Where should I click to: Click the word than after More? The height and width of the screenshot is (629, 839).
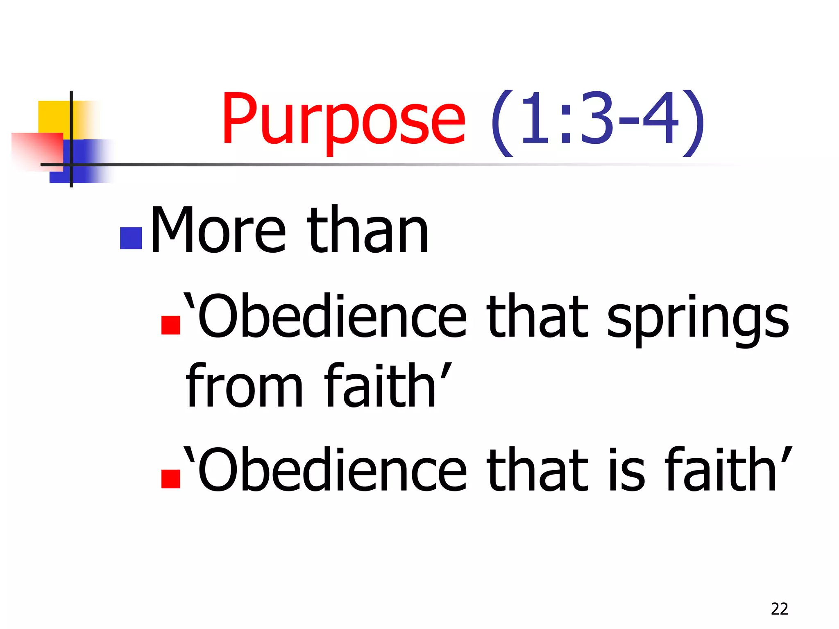[367, 231]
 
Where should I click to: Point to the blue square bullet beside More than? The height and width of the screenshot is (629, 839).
[131, 238]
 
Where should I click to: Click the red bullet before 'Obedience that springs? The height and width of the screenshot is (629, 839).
[171, 325]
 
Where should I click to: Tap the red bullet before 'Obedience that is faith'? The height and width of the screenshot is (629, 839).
[171, 479]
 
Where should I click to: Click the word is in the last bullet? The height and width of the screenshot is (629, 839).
[626, 470]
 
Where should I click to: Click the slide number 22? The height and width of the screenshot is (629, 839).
[779, 609]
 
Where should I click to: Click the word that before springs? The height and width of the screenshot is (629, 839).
[537, 316]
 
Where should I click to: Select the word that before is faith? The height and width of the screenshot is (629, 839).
[537, 470]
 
